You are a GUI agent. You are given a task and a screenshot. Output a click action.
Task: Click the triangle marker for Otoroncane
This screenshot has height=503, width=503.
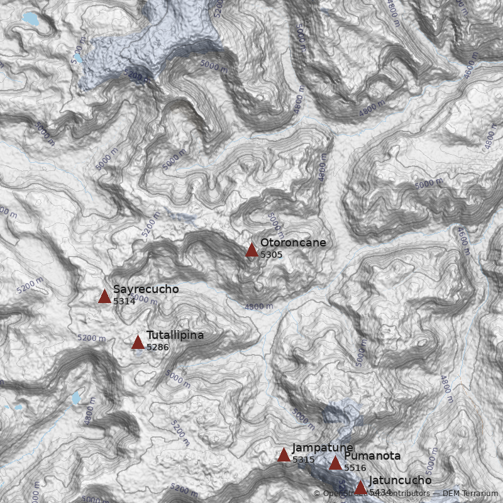[251, 250]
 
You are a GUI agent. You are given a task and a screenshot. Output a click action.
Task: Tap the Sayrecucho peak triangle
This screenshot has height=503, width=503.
[104, 297]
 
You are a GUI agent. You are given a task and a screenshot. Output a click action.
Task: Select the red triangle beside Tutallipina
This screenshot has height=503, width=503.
[138, 343]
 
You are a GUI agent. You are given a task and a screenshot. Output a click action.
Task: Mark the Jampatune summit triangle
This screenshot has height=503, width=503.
[284, 455]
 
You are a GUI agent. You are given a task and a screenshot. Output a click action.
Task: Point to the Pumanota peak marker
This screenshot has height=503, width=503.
[335, 464]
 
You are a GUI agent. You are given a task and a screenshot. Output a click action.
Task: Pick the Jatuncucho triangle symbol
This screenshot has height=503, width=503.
[360, 488]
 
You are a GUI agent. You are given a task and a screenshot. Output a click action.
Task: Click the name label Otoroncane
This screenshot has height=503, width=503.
[293, 243]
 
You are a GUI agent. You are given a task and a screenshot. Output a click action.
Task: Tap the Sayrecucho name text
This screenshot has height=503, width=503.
[146, 289]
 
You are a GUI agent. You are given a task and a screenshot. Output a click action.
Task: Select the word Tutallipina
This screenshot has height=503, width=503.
[175, 335]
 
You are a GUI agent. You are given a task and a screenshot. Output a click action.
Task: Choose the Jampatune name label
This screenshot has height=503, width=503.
[323, 448]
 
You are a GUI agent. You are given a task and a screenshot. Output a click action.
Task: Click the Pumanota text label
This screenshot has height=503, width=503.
[372, 456]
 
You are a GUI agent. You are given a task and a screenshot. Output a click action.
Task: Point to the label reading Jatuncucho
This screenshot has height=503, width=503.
[400, 480]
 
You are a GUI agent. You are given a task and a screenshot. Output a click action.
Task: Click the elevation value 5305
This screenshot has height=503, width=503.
[272, 255]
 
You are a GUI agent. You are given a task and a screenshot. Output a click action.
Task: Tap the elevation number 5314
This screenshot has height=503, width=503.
[124, 301]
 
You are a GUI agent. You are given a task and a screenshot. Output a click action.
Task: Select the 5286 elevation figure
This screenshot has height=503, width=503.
[158, 347]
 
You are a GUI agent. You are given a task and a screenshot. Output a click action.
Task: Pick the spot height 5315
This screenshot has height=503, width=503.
[304, 460]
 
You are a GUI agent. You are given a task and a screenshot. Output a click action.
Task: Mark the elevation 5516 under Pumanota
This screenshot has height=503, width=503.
[355, 468]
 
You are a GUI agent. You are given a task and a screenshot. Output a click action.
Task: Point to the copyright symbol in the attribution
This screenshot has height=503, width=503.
[317, 494]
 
